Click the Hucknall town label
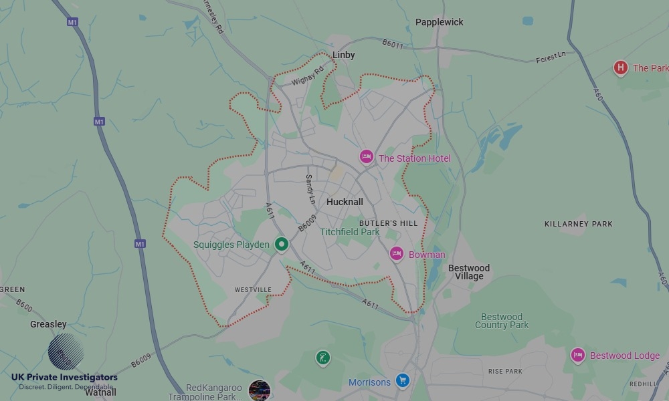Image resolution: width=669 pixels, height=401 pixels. (345, 202)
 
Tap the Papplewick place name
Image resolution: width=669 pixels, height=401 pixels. (439, 22)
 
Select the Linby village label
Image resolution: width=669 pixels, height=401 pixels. (344, 55)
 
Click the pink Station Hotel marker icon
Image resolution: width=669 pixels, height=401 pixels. (366, 157)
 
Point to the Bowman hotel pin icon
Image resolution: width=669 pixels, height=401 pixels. (396, 253)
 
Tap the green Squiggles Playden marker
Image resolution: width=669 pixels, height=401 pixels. (282, 245)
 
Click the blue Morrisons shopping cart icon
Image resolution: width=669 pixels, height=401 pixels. (402, 381)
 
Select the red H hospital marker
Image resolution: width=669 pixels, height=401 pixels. (620, 68)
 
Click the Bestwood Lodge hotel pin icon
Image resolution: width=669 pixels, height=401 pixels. (578, 355)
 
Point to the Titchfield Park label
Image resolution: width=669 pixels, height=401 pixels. (349, 232)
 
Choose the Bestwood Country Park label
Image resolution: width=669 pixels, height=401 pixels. (502, 321)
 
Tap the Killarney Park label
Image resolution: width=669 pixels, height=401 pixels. (578, 224)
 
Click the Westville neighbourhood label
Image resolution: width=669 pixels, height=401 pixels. (254, 289)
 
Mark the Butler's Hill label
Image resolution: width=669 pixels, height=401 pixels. (388, 223)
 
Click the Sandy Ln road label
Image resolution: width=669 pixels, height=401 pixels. (310, 189)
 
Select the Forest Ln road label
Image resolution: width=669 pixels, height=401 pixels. (551, 57)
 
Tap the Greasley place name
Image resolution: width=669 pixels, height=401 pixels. (48, 324)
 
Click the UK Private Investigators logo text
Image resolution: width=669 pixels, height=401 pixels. (64, 378)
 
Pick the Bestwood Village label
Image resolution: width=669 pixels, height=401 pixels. (468, 272)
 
